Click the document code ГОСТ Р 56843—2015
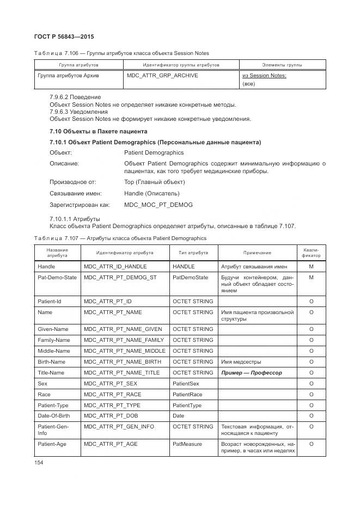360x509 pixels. (x=64, y=36)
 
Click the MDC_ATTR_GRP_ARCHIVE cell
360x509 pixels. (x=162, y=76)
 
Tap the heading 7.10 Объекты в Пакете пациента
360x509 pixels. (x=98, y=131)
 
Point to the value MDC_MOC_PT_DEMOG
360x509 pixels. (x=158, y=205)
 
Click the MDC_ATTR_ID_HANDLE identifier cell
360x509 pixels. (x=115, y=267)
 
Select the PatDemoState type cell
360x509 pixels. (x=190, y=278)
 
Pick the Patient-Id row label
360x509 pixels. (x=49, y=301)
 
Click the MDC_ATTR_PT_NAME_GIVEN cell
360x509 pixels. (x=123, y=329)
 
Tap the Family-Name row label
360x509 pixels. (x=53, y=340)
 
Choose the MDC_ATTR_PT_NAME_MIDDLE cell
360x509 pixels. (x=124, y=351)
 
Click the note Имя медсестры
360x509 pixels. (x=241, y=361)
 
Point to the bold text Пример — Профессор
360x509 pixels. (x=251, y=373)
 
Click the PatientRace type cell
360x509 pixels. (x=188, y=394)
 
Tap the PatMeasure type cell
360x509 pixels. (x=187, y=444)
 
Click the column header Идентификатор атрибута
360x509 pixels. (x=125, y=253)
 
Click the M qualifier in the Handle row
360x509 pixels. (x=311, y=267)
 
